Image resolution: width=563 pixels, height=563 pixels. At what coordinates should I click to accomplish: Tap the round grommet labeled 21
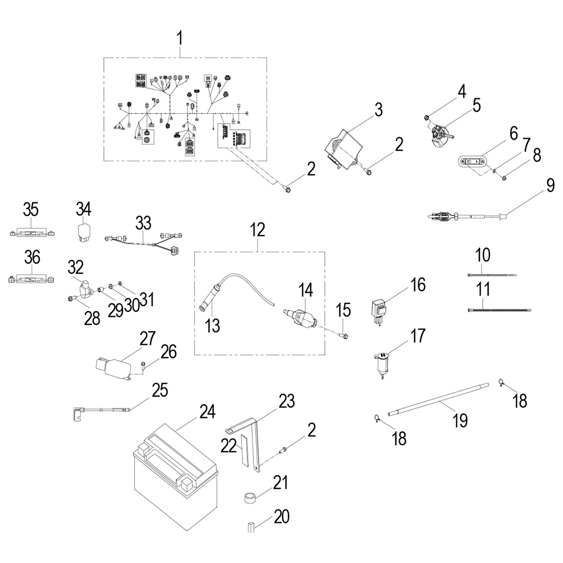point(251,499)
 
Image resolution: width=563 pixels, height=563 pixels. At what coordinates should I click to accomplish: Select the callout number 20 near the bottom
point(281,517)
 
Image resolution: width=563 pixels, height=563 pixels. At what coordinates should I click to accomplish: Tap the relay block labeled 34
point(84,231)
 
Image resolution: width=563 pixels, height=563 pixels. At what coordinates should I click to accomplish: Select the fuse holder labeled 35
point(31,233)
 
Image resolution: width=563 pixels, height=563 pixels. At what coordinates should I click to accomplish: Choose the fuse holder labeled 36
point(31,279)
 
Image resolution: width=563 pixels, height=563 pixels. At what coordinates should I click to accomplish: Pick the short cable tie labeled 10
point(492,274)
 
